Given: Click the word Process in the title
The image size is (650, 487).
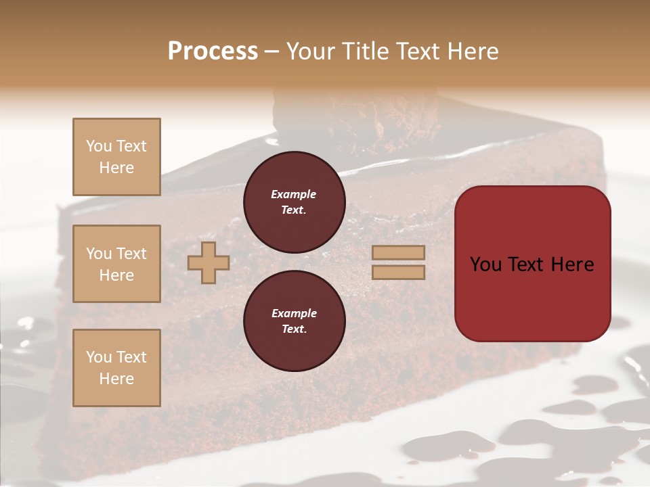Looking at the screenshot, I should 213,51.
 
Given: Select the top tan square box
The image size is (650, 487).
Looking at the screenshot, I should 116,157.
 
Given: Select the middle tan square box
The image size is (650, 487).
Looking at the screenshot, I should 116,264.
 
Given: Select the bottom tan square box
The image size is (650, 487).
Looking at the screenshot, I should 116,367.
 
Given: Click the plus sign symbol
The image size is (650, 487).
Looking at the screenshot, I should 209,263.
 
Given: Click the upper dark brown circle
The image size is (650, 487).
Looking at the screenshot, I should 295,202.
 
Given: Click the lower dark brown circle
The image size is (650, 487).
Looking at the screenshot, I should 295,321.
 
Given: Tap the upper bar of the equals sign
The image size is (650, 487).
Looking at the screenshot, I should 398,253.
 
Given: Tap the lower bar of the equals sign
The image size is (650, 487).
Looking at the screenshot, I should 398,272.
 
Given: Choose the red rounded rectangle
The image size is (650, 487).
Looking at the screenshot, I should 532,263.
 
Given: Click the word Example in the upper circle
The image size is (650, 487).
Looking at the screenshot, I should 294,194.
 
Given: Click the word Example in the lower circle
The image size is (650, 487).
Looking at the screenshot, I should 294,313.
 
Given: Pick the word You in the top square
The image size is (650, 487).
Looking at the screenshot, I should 98,146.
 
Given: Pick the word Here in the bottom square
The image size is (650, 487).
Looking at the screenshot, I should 116,379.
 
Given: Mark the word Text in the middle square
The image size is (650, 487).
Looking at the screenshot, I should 131,254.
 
